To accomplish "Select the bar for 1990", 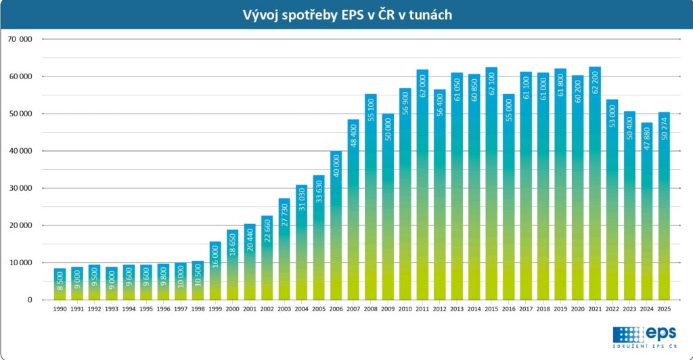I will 60,284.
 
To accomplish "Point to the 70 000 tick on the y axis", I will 20,39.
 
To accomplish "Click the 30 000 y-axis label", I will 20,188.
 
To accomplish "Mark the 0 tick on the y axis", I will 30,300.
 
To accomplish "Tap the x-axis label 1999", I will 215,309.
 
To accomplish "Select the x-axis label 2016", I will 509,309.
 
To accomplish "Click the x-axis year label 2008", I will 370,309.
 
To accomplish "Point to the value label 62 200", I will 596,85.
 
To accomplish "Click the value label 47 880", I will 647,141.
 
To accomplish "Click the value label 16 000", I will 215,258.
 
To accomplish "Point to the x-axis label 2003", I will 284,309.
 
